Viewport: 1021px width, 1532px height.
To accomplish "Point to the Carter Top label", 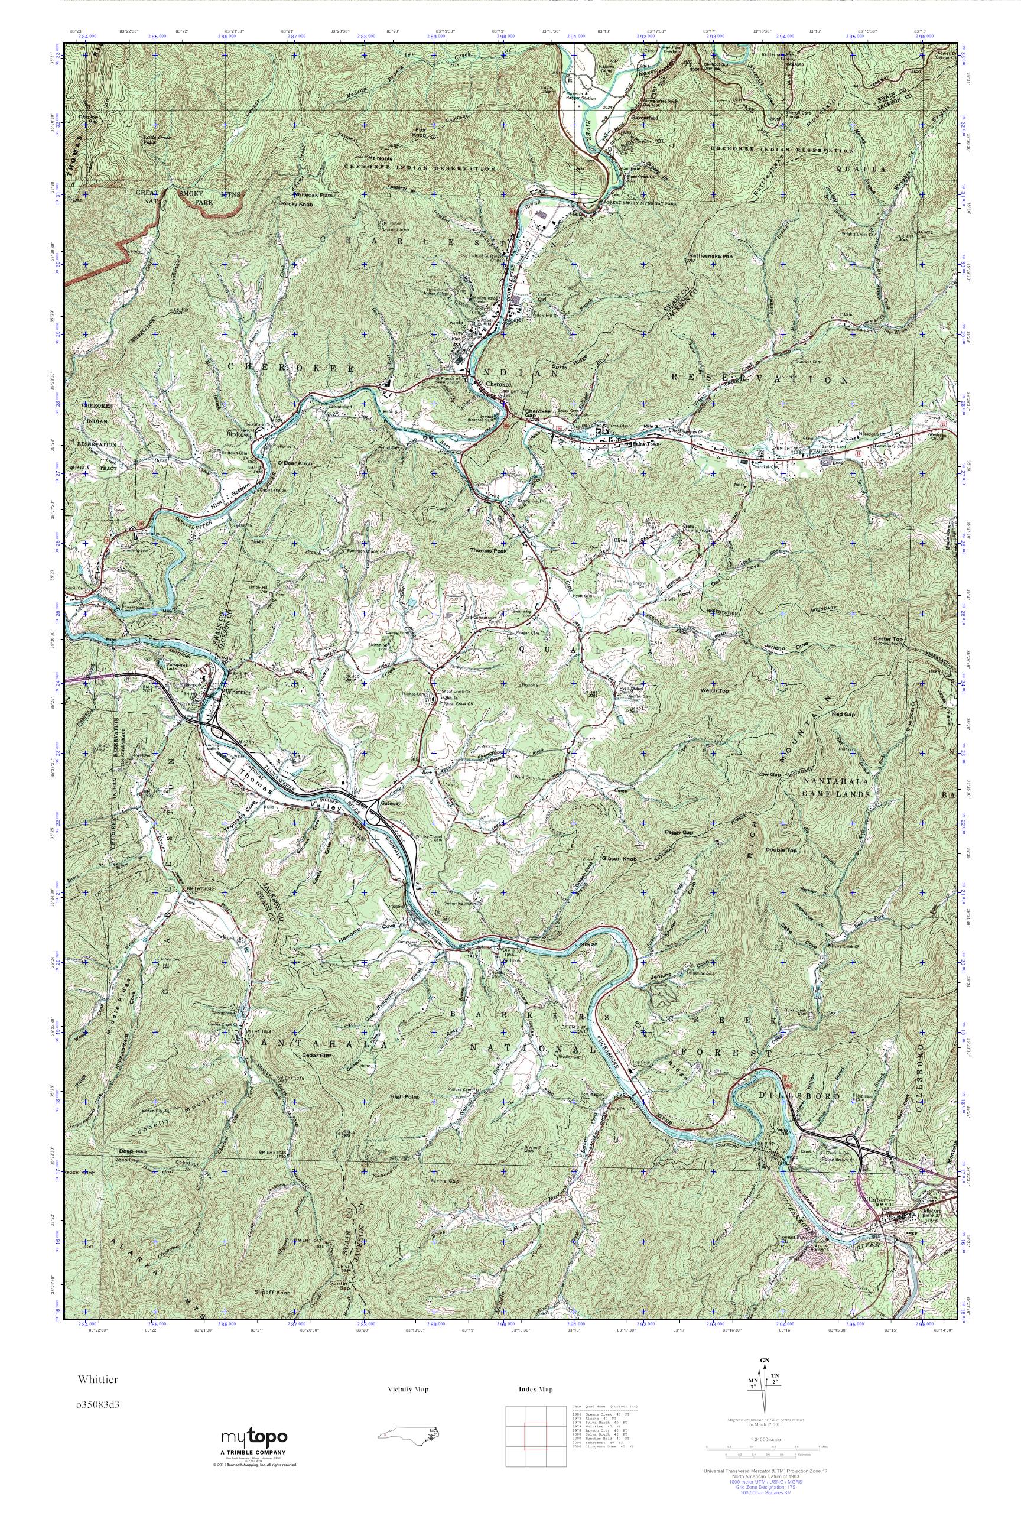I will [889, 639].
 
